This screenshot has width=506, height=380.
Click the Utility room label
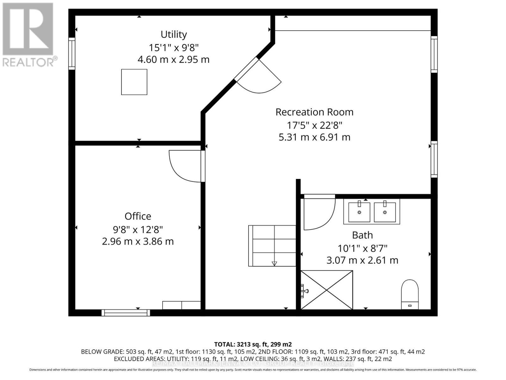pyautogui.click(x=174, y=34)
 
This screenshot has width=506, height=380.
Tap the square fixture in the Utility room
pyautogui.click(x=134, y=82)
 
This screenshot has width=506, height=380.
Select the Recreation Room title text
pyautogui.click(x=314, y=112)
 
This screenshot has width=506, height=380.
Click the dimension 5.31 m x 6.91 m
pyautogui.click(x=314, y=137)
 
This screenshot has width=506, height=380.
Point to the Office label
pyautogui.click(x=138, y=216)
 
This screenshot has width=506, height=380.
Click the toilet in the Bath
pyautogui.click(x=410, y=294)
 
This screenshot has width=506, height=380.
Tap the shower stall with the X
pyautogui.click(x=326, y=290)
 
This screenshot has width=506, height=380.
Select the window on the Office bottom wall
pyautogui.click(x=126, y=313)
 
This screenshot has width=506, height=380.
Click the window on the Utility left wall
pyautogui.click(x=72, y=54)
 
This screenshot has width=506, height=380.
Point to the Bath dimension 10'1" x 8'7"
pyautogui.click(x=362, y=248)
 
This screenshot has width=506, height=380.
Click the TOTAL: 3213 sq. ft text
pyautogui.click(x=253, y=344)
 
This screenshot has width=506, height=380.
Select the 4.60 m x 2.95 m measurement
pyautogui.click(x=174, y=60)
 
